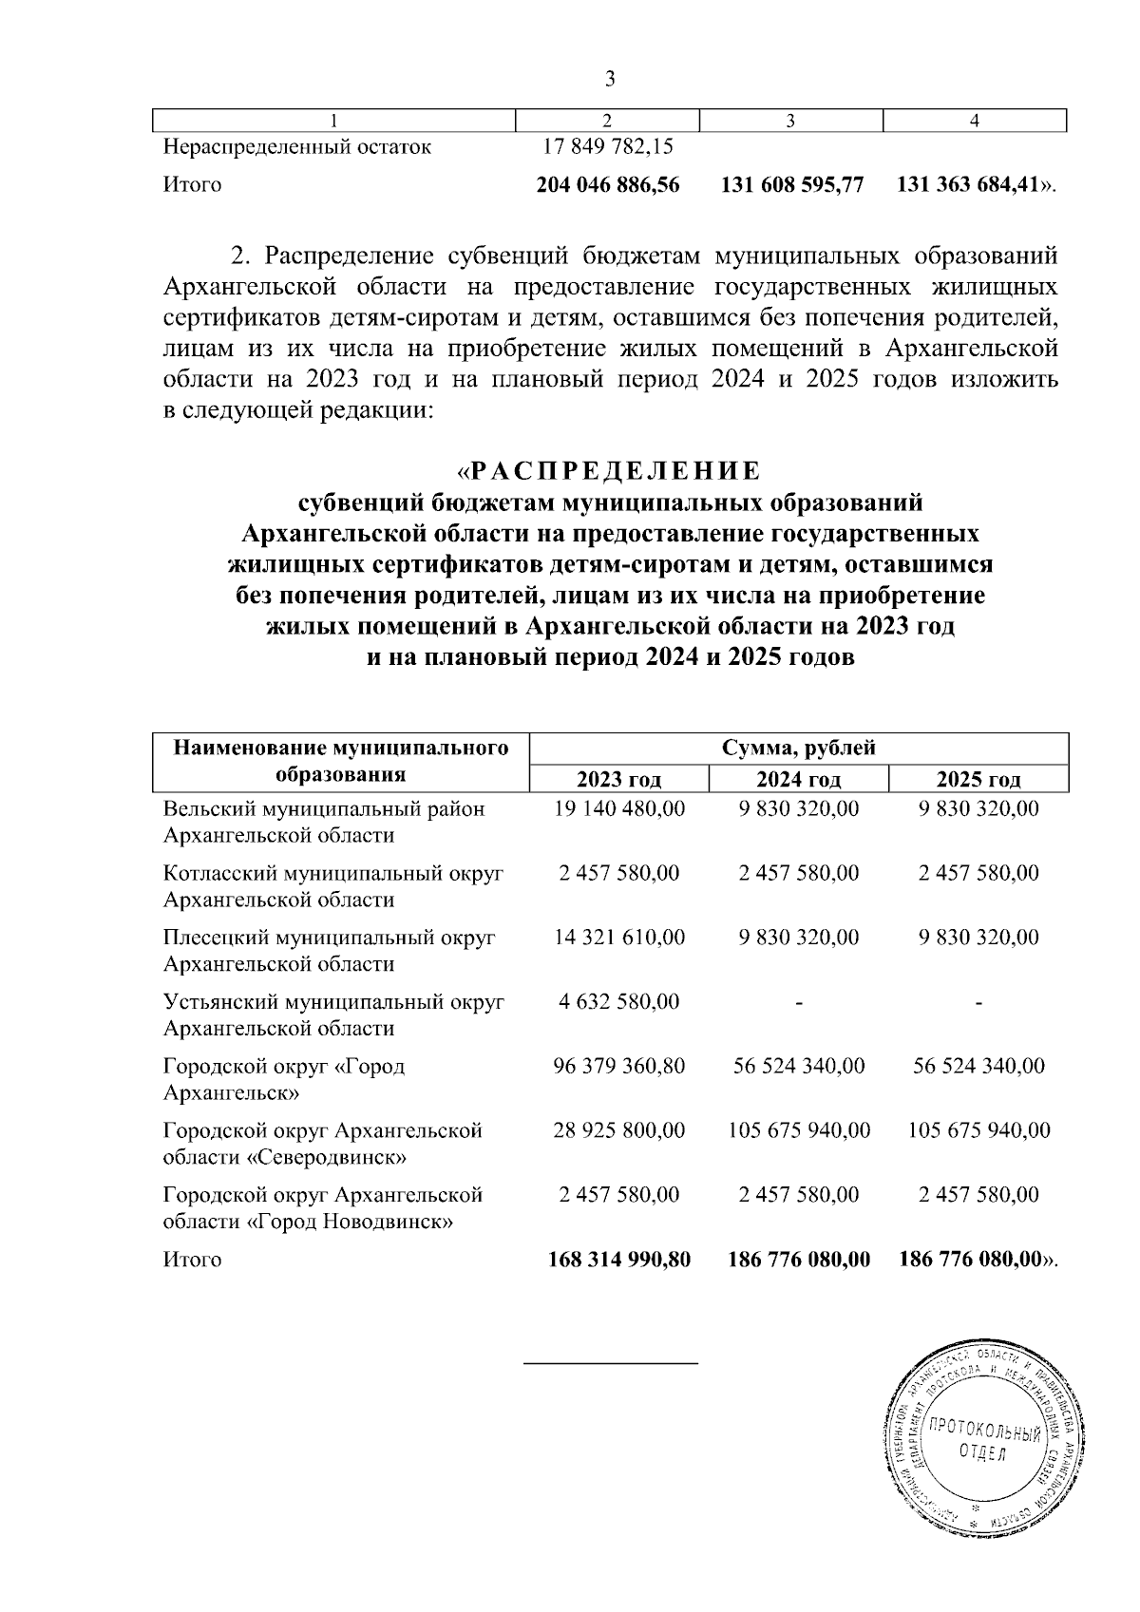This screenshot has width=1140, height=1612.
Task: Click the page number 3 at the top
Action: click(x=610, y=79)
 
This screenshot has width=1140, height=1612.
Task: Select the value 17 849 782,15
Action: click(x=609, y=147)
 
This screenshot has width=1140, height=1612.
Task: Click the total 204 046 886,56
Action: click(x=608, y=185)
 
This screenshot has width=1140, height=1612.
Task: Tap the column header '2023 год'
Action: click(x=618, y=781)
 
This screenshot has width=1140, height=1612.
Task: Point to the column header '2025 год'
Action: click(x=978, y=781)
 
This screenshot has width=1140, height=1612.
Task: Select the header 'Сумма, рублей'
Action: click(x=798, y=749)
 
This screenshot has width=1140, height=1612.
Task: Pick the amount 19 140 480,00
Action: click(x=618, y=808)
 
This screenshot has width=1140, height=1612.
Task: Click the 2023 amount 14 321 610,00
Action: click(x=618, y=938)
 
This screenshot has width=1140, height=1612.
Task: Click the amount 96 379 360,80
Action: click(x=618, y=1066)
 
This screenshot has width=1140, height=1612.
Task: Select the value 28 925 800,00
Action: click(x=618, y=1130)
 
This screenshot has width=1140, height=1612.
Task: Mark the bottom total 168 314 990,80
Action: click(x=619, y=1260)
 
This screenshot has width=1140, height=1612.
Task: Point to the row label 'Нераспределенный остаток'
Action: click(x=297, y=147)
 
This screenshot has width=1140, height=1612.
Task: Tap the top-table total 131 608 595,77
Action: click(x=792, y=185)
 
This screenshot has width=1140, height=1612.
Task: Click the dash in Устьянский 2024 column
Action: click(x=799, y=1002)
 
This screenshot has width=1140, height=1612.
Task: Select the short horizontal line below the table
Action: click(x=611, y=1363)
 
